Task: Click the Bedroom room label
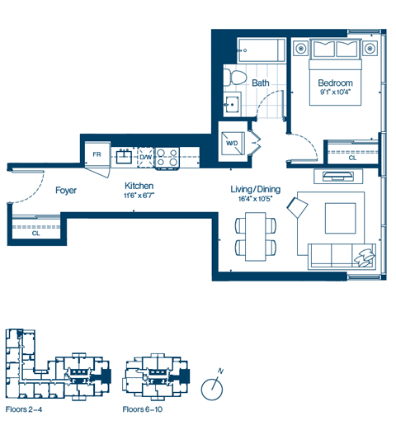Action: pyautogui.click(x=335, y=83)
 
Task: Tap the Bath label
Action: pyautogui.click(x=261, y=83)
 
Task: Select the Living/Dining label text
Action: pyautogui.click(x=255, y=189)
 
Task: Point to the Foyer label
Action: pyautogui.click(x=66, y=191)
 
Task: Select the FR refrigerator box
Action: pyautogui.click(x=97, y=154)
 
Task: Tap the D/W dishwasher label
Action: pyautogui.click(x=145, y=155)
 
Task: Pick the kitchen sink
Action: pyautogui.click(x=125, y=154)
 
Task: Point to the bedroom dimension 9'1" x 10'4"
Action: pyautogui.click(x=335, y=92)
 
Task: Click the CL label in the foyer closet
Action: pyautogui.click(x=35, y=234)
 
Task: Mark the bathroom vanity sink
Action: pyautogui.click(x=233, y=103)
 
